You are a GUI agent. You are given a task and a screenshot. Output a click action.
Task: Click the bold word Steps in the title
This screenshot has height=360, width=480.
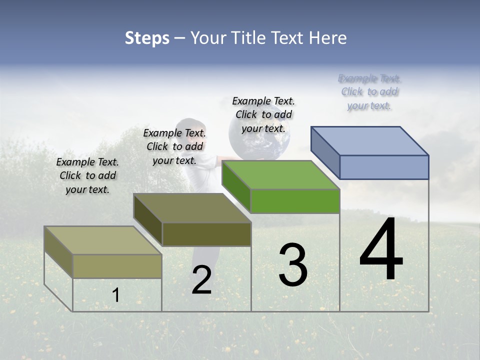point(147,38)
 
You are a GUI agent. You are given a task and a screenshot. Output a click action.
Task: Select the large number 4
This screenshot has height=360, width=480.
point(381,249)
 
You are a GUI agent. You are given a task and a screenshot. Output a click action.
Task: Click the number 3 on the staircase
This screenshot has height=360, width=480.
point(293,265)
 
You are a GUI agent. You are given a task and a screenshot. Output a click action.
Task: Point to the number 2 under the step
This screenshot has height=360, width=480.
point(201,280)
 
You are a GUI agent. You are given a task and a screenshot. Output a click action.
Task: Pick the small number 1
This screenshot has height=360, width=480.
point(115,295)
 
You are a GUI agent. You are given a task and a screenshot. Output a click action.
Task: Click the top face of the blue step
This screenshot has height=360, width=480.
point(370,140)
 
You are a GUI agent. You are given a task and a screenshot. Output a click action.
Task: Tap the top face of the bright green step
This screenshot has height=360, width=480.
point(281,175)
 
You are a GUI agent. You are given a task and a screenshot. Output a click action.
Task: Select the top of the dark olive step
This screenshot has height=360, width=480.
point(192,208)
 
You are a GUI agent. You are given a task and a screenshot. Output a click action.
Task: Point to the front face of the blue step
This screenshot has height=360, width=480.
point(384,167)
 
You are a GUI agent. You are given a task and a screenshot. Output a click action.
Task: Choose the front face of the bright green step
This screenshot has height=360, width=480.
point(295,201)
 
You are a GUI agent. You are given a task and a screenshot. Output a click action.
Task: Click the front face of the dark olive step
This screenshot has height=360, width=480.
point(206,234)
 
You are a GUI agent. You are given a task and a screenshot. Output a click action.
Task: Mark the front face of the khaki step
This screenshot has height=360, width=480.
point(117,266)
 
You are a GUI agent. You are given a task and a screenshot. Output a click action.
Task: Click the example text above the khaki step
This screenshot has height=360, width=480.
point(87,175)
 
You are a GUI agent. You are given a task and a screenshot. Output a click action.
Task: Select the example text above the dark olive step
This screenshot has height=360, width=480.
point(174,146)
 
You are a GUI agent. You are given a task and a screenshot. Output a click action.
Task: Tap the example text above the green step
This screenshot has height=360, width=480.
point(263,114)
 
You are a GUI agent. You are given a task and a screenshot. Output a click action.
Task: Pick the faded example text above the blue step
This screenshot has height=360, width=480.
point(369,91)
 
